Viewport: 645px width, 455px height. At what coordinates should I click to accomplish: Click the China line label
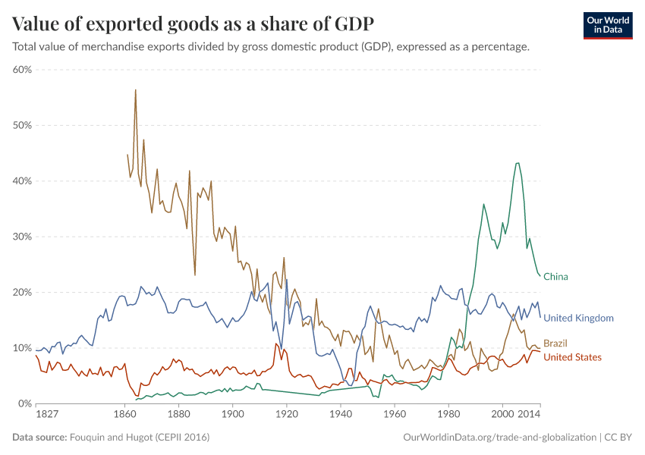[555, 277]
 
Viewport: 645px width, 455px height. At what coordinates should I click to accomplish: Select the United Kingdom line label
[578, 318]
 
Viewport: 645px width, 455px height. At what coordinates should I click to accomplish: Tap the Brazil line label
[555, 344]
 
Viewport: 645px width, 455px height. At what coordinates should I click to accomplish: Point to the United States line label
[572, 357]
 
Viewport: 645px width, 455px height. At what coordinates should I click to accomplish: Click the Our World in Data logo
[607, 24]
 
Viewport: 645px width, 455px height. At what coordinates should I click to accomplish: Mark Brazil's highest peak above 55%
[135, 90]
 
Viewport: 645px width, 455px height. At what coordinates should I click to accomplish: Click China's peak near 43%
[518, 163]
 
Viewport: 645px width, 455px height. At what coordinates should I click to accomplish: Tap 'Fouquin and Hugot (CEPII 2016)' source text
[140, 438]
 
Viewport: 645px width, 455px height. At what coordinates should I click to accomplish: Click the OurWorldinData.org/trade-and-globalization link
[501, 438]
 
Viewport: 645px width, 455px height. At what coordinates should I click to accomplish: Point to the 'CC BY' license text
[619, 438]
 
